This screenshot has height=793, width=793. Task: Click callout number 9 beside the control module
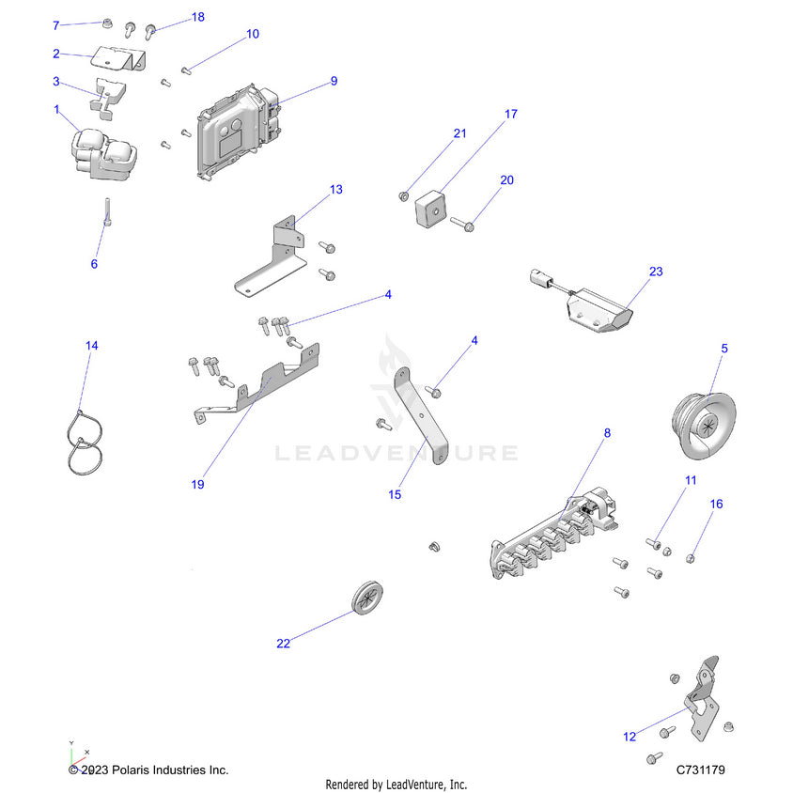point(334,82)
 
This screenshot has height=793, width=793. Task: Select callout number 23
point(656,272)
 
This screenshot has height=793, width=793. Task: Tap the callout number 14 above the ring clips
point(91,346)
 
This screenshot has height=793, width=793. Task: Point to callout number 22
point(283,644)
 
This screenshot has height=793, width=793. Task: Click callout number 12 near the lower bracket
point(630,737)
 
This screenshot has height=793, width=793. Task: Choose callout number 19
point(197,485)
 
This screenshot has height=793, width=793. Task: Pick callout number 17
point(511,114)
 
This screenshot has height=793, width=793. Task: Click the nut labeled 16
point(691,559)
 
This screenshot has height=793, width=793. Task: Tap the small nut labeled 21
point(403,195)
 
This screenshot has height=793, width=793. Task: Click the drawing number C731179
point(700,770)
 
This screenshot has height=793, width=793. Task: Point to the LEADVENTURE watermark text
point(396,453)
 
